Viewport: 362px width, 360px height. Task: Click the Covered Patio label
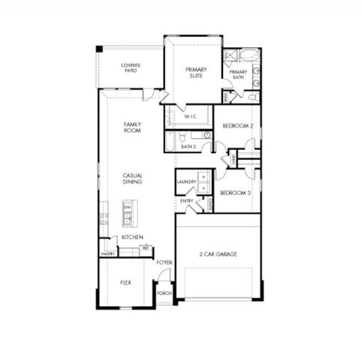click(131, 69)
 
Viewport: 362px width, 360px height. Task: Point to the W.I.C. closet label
click(189, 116)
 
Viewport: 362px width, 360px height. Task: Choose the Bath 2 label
click(188, 146)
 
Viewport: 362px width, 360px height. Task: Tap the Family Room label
click(132, 127)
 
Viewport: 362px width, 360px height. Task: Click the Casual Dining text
click(133, 178)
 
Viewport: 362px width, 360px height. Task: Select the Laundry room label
click(186, 182)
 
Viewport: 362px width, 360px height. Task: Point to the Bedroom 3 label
click(235, 193)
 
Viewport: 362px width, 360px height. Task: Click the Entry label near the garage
click(186, 201)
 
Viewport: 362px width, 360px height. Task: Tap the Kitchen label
click(132, 237)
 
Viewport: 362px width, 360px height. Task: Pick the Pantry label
click(107, 254)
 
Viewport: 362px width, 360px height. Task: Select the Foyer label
click(164, 262)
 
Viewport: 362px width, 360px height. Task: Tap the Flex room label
click(126, 283)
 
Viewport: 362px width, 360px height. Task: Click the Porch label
click(164, 293)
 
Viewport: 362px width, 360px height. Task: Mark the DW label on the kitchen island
click(128, 207)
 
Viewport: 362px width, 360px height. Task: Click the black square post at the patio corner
click(98, 49)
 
